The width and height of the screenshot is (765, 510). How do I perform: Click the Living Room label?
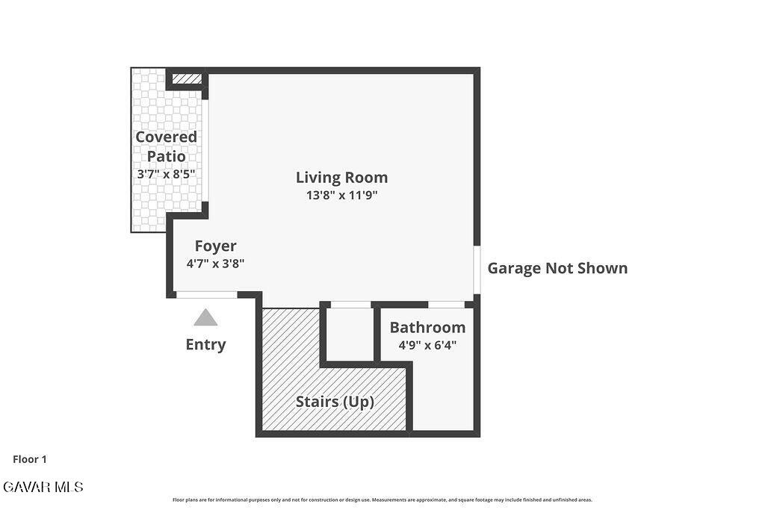point(341,178)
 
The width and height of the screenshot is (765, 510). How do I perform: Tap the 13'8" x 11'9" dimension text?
point(341,195)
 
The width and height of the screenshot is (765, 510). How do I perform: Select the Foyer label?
point(215,246)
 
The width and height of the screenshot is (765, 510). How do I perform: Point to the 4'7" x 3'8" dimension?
point(215,264)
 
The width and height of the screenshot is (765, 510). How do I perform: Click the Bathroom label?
point(427,327)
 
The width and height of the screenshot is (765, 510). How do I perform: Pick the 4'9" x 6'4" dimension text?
point(427,345)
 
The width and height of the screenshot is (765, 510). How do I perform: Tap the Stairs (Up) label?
point(335,402)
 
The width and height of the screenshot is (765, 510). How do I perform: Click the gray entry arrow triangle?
point(205,317)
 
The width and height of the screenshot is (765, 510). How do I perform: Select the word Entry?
point(205,345)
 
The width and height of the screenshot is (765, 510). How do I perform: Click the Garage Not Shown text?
point(557,268)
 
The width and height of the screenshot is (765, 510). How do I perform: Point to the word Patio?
point(166,157)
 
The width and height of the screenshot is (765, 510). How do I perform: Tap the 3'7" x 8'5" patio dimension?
point(166,174)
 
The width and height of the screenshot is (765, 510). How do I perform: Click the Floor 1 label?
point(30,459)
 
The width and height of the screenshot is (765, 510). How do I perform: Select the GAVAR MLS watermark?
point(43,487)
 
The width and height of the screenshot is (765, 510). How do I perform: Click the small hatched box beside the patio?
point(187,78)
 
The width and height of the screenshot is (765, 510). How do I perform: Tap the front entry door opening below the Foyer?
point(207,294)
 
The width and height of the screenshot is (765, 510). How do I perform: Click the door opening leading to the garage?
point(477,270)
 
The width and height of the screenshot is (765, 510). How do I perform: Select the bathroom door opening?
point(446,305)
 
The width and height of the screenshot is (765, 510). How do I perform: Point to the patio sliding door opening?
point(205,151)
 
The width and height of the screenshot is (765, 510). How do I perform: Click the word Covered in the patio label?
point(166,137)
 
